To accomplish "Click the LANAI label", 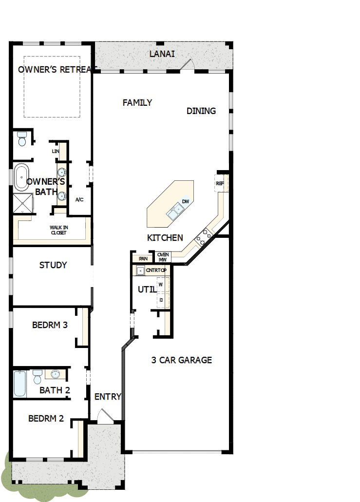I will click(162, 54).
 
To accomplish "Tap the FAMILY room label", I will click(137, 103).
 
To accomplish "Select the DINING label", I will click(201, 111).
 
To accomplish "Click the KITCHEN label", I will click(165, 238).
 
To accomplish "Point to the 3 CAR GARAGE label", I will click(181, 360).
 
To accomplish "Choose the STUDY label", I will click(53, 266).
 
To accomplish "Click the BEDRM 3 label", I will click(50, 325).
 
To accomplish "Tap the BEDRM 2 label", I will click(46, 418).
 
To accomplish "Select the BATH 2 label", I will click(55, 390).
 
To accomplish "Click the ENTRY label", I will click(108, 397).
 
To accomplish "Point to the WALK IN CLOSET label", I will click(58, 230).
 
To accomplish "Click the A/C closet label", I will click(79, 200).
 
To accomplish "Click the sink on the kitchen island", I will click(174, 212).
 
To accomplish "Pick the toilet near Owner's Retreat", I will click(21, 139).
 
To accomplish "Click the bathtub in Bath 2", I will click(20, 384).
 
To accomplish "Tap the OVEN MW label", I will click(163, 257).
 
